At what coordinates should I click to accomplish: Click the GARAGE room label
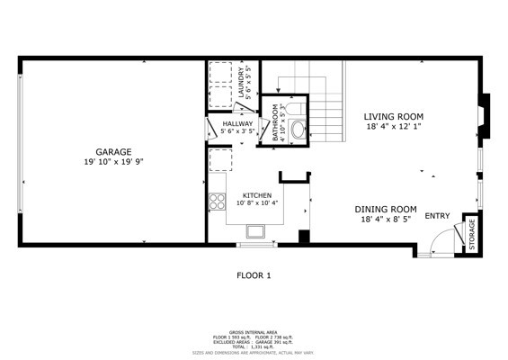click(115, 151)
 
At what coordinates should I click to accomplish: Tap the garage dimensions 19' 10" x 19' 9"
click(115, 162)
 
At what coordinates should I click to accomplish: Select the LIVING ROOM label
click(393, 116)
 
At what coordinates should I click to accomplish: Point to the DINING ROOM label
click(385, 208)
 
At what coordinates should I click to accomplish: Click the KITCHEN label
click(256, 194)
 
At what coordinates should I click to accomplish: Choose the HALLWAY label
click(238, 123)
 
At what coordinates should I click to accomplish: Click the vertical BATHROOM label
click(276, 121)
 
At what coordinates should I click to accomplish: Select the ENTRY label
click(437, 216)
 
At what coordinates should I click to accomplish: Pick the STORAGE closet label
click(472, 236)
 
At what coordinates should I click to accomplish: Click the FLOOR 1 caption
click(254, 275)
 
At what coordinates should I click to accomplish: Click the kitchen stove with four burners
click(217, 202)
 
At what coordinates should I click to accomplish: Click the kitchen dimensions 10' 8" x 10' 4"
click(257, 203)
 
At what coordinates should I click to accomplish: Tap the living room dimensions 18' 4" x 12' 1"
click(393, 127)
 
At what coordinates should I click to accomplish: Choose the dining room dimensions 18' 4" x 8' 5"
click(385, 219)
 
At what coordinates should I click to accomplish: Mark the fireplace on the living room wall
click(483, 117)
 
